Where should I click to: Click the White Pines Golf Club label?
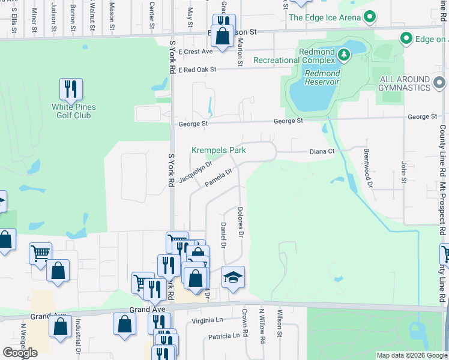74,111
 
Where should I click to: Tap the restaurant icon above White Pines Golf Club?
71,89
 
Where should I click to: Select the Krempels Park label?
218,150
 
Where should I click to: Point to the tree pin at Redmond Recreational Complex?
343,55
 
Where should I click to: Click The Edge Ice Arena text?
325,17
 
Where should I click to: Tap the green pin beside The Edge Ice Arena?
371,17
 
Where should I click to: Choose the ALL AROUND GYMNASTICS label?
413,83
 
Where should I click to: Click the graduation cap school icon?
233,277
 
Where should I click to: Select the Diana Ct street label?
322,152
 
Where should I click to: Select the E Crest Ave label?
195,52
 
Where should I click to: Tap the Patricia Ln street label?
222,336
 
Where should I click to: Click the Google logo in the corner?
20,353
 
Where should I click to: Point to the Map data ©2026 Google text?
412,355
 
